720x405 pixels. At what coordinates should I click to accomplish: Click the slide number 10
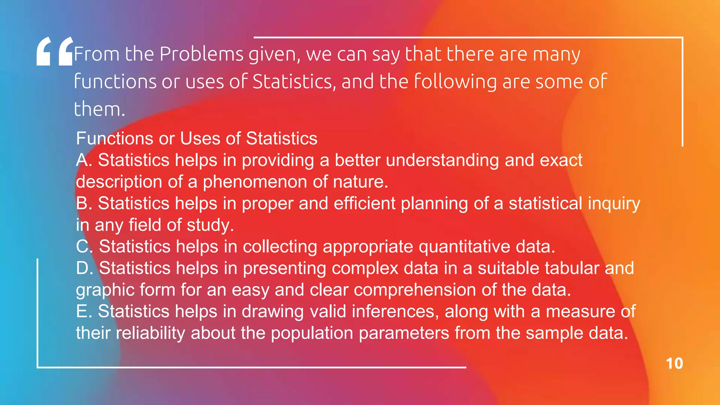[x=674, y=364]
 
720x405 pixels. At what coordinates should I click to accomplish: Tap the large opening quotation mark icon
[x=55, y=52]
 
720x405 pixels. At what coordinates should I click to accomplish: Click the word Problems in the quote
[x=201, y=54]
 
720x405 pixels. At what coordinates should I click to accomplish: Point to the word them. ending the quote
[x=99, y=109]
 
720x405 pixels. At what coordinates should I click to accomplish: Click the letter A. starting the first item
[x=84, y=160]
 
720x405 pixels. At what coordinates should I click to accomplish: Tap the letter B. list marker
[x=84, y=203]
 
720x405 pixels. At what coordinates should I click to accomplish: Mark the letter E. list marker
[x=84, y=311]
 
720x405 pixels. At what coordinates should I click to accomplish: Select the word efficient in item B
[x=365, y=203]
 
